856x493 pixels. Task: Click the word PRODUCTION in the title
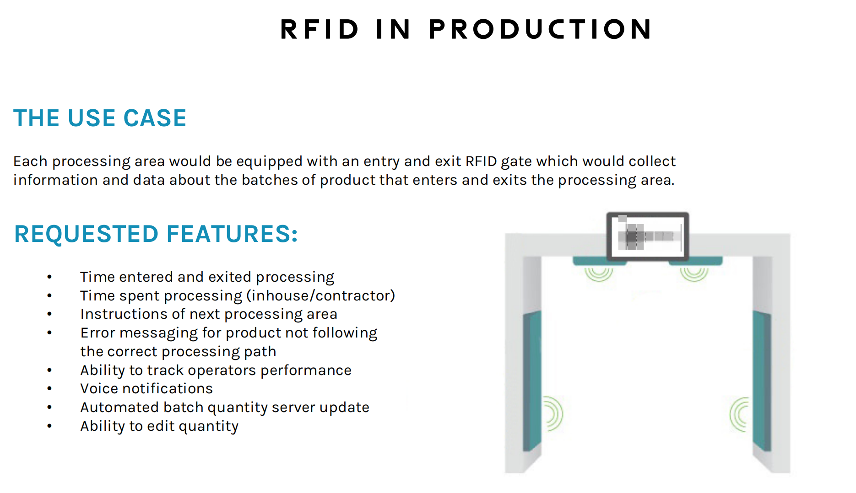(x=540, y=29)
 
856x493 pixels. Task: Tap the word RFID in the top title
(x=320, y=29)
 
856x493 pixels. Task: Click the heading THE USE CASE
(x=100, y=118)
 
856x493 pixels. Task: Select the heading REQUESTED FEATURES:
(x=156, y=234)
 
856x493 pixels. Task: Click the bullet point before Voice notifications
(x=49, y=389)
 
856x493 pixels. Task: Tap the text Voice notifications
(x=146, y=389)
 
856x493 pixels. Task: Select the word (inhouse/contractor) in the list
(x=320, y=296)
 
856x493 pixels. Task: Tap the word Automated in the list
(x=119, y=407)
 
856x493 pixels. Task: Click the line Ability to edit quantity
(x=159, y=426)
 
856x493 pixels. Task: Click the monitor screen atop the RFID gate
(x=647, y=236)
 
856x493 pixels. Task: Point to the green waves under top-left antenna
(x=598, y=274)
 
